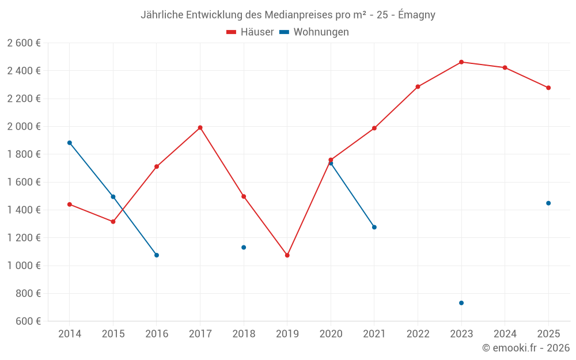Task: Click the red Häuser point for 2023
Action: click(461, 62)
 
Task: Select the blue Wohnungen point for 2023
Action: click(461, 303)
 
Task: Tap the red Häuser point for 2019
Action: click(287, 255)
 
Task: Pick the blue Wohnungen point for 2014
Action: click(70, 143)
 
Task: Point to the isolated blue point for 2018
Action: click(244, 248)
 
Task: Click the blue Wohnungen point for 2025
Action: click(548, 203)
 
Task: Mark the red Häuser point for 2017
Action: click(200, 127)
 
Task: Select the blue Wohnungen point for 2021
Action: click(374, 227)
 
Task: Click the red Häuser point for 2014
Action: click(70, 204)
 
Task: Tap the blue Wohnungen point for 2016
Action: click(157, 255)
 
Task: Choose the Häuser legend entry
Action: click(250, 32)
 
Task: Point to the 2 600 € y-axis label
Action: click(24, 43)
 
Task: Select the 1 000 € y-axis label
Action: click(24, 266)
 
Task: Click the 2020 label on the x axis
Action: click(331, 334)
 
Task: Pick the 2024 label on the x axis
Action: click(505, 334)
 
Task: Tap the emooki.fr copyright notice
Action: click(525, 348)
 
